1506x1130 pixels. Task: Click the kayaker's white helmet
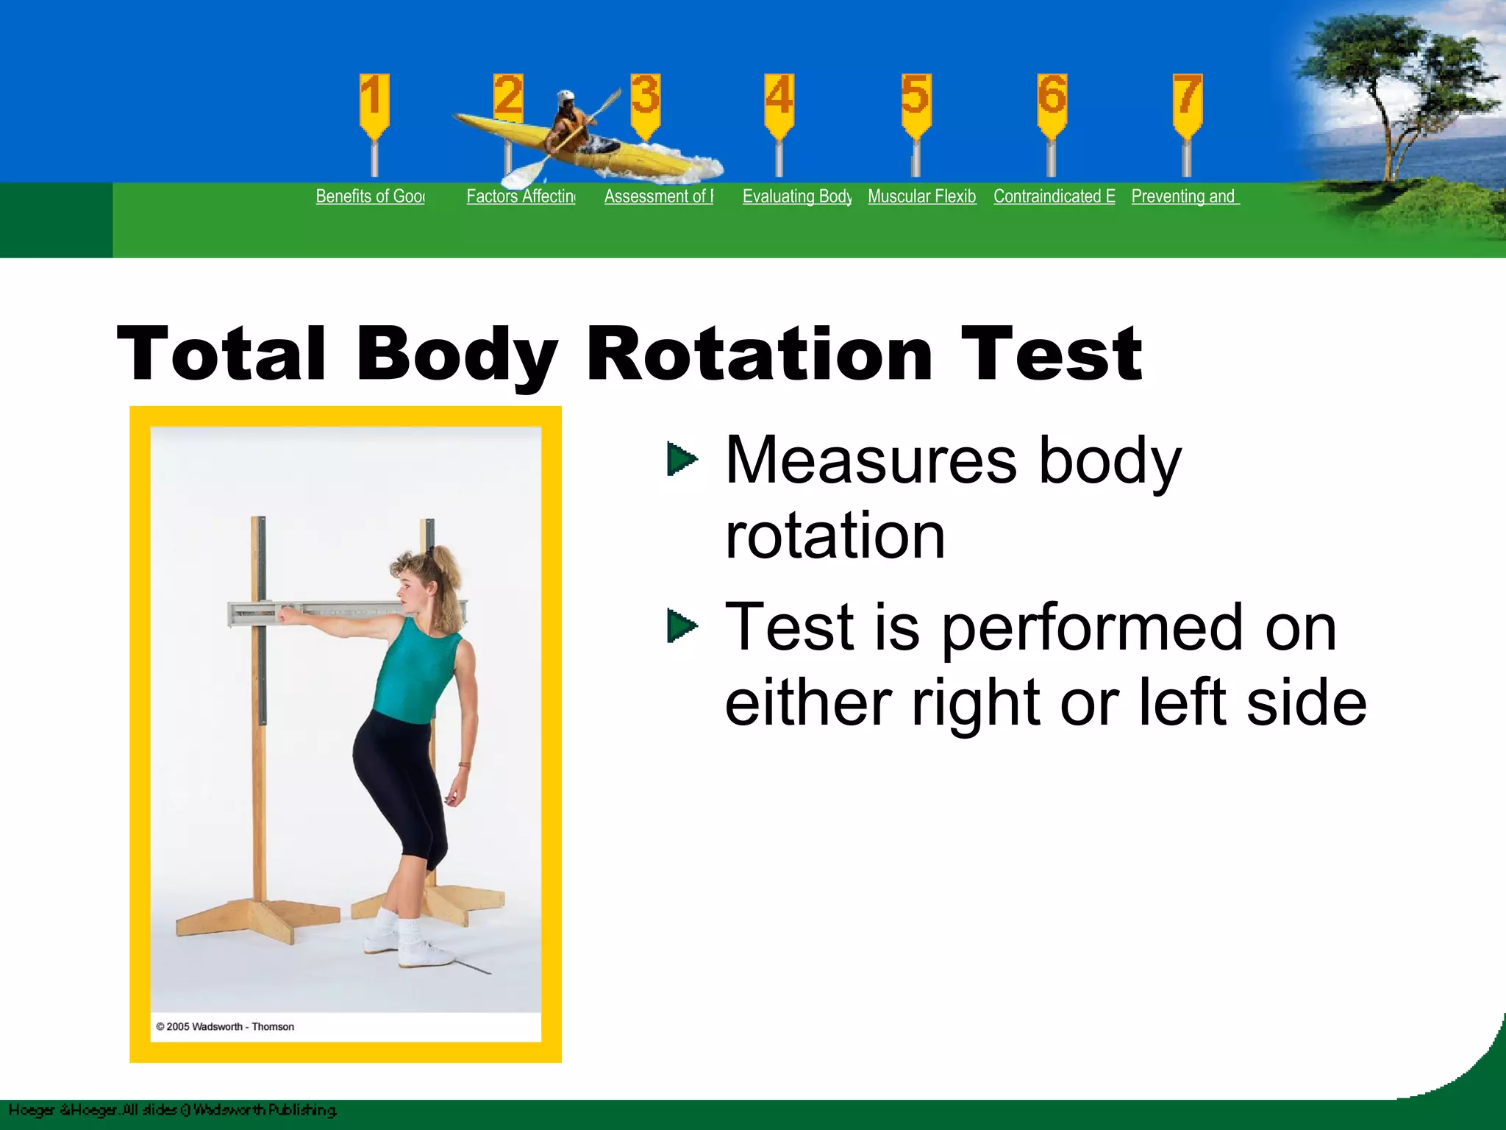click(x=565, y=98)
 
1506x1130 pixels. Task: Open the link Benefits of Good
click(x=370, y=196)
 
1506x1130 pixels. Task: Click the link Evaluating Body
click(x=796, y=196)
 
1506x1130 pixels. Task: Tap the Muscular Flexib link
click(x=921, y=196)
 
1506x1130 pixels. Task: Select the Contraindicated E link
click(x=1054, y=196)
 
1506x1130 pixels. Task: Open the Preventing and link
click(x=1185, y=196)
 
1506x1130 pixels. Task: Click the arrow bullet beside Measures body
click(x=682, y=460)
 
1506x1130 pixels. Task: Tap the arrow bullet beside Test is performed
click(x=682, y=627)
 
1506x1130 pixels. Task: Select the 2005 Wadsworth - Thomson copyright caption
click(x=225, y=1026)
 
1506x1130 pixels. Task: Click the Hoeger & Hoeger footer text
click(x=173, y=1110)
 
